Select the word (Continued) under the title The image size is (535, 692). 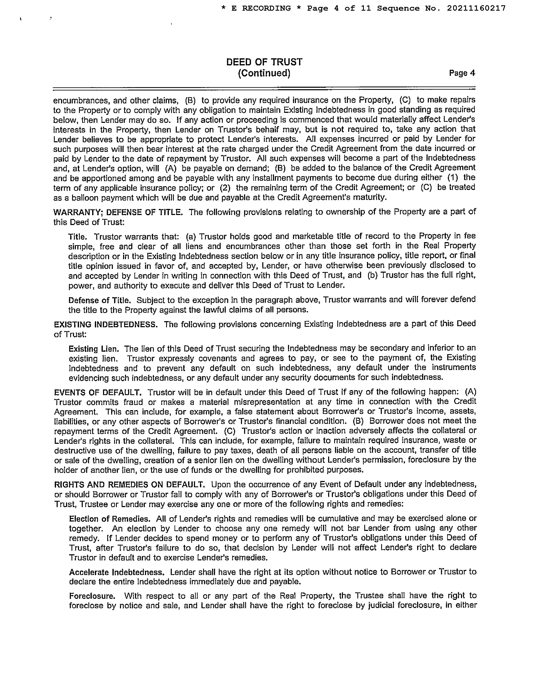264,73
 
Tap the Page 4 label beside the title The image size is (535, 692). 462,73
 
